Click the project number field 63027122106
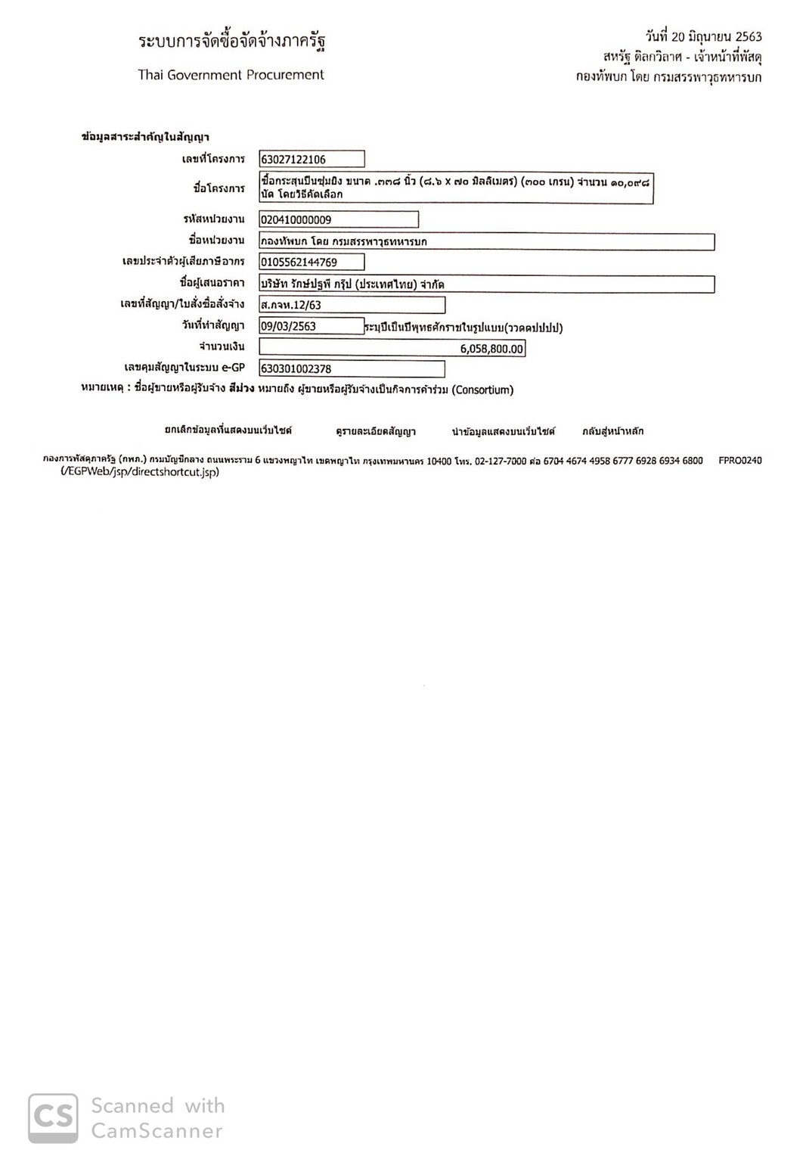tap(311, 160)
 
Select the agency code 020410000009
tap(338, 220)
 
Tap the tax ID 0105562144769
tap(311, 263)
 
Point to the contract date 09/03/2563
tap(311, 327)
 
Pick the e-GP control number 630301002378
tap(352, 369)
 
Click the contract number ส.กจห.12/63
tap(352, 306)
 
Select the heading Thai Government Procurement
tap(231, 75)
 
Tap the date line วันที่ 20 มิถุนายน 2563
tap(703, 36)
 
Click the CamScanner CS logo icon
tap(53, 1118)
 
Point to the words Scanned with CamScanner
tap(157, 1118)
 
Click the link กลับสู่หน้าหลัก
tap(612, 431)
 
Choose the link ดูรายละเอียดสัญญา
tap(376, 431)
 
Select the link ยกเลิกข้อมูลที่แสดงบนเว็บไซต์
tap(228, 430)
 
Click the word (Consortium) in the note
tap(482, 390)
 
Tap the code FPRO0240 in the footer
tap(739, 461)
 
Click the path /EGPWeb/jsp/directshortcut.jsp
tap(140, 472)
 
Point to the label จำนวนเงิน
tap(222, 347)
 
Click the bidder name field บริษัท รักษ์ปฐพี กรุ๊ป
tap(487, 284)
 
